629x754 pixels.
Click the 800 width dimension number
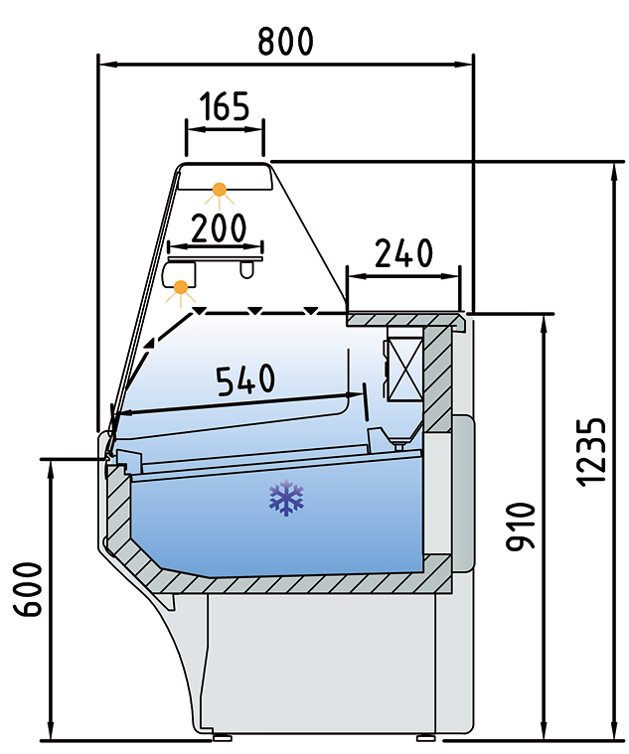[285, 41]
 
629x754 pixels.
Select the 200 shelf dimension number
[219, 227]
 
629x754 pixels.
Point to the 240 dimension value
[403, 253]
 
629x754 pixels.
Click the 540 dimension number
[246, 379]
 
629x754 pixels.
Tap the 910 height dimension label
[521, 526]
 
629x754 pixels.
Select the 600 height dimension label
[28, 589]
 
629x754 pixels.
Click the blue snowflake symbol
[286, 498]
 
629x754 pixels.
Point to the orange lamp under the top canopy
[220, 191]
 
